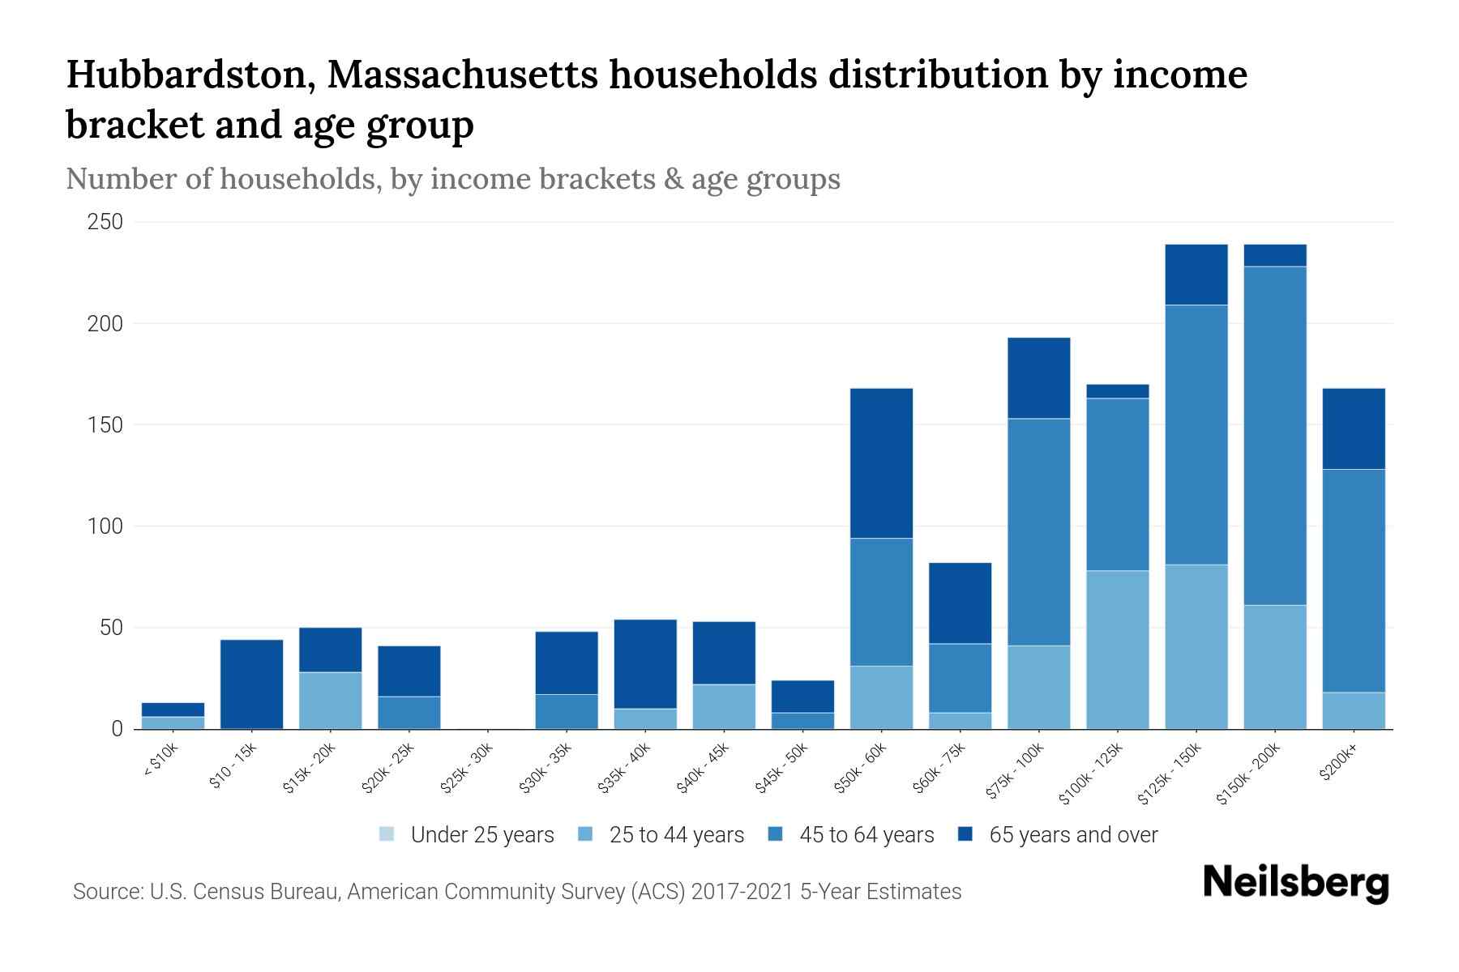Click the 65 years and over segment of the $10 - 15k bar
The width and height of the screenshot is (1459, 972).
click(251, 684)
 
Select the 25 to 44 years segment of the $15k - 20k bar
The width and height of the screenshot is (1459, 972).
click(330, 700)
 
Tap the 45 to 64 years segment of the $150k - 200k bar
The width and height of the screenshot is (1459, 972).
click(1274, 435)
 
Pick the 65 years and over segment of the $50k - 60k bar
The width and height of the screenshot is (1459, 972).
click(881, 463)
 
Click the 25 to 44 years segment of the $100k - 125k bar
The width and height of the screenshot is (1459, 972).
click(1117, 650)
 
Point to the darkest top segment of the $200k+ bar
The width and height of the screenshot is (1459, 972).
click(1353, 428)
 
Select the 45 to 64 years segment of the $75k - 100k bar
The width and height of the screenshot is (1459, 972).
click(1038, 531)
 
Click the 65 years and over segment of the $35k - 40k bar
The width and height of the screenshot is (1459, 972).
click(645, 663)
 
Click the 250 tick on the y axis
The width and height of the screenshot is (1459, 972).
click(105, 222)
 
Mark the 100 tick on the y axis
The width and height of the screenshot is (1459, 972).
click(105, 526)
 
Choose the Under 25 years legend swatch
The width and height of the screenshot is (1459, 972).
click(387, 834)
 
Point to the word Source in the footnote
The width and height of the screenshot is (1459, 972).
click(106, 892)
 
